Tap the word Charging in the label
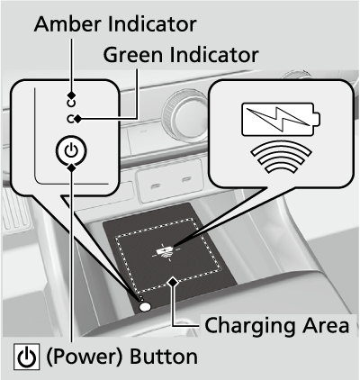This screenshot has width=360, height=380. [x=250, y=326]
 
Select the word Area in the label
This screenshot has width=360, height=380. [x=326, y=325]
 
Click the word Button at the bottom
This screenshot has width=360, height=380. [x=164, y=357]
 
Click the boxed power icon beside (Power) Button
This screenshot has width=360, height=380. [x=26, y=357]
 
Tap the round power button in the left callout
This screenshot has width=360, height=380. [x=71, y=150]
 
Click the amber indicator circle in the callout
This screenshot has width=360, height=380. [x=71, y=104]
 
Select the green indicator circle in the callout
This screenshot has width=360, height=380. [x=71, y=119]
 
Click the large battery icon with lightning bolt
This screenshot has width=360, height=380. [x=281, y=119]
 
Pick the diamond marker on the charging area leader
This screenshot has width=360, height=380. [x=173, y=282]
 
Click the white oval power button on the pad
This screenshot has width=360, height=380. [x=145, y=306]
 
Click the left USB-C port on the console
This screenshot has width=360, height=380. [x=156, y=185]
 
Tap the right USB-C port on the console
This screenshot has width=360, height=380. [x=186, y=179]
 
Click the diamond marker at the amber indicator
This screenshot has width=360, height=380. [x=71, y=95]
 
